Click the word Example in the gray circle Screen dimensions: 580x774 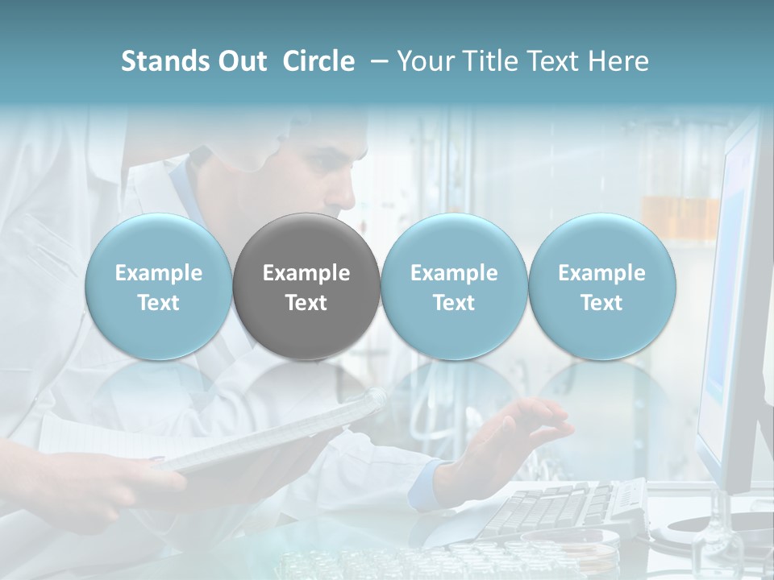306,273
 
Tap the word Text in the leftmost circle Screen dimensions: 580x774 158,303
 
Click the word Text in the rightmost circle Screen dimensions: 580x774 602,303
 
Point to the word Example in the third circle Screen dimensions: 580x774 454,273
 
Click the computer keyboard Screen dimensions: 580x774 564,507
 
